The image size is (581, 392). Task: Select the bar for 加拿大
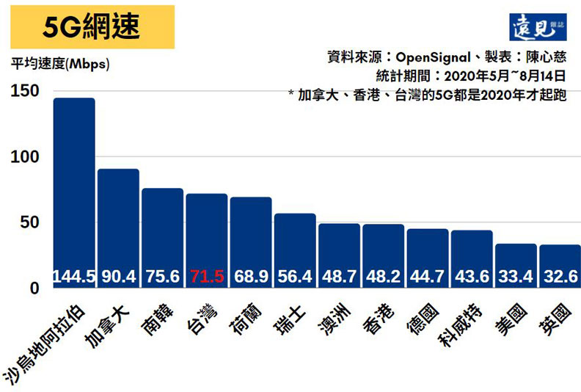[x=118, y=220]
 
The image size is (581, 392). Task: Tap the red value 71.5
[x=206, y=277]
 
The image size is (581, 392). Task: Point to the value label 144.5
[x=73, y=277]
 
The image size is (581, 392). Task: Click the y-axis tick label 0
[x=34, y=288]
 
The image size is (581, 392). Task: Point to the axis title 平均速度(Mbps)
[x=60, y=64]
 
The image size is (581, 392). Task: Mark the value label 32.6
[x=560, y=277]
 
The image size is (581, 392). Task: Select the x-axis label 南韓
[x=157, y=316]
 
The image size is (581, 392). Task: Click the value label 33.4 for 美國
[x=516, y=277]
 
